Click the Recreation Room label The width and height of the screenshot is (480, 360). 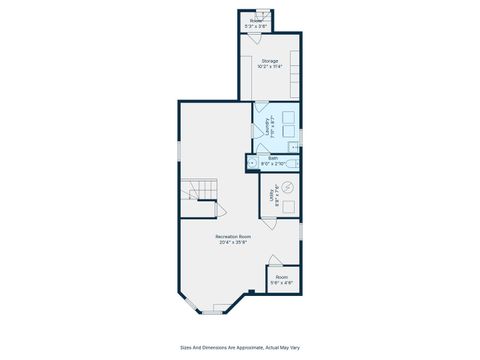click(233, 236)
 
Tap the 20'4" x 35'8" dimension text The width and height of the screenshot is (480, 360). click(233, 242)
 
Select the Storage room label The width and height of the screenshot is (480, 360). click(269, 61)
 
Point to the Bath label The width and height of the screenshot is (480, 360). click(273, 157)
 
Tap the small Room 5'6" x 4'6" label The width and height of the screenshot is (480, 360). click(282, 277)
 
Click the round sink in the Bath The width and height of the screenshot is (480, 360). click(252, 160)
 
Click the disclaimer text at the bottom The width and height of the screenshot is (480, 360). click(239, 349)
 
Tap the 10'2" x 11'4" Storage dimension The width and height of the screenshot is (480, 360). click(269, 67)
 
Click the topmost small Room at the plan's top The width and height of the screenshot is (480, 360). click(256, 21)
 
